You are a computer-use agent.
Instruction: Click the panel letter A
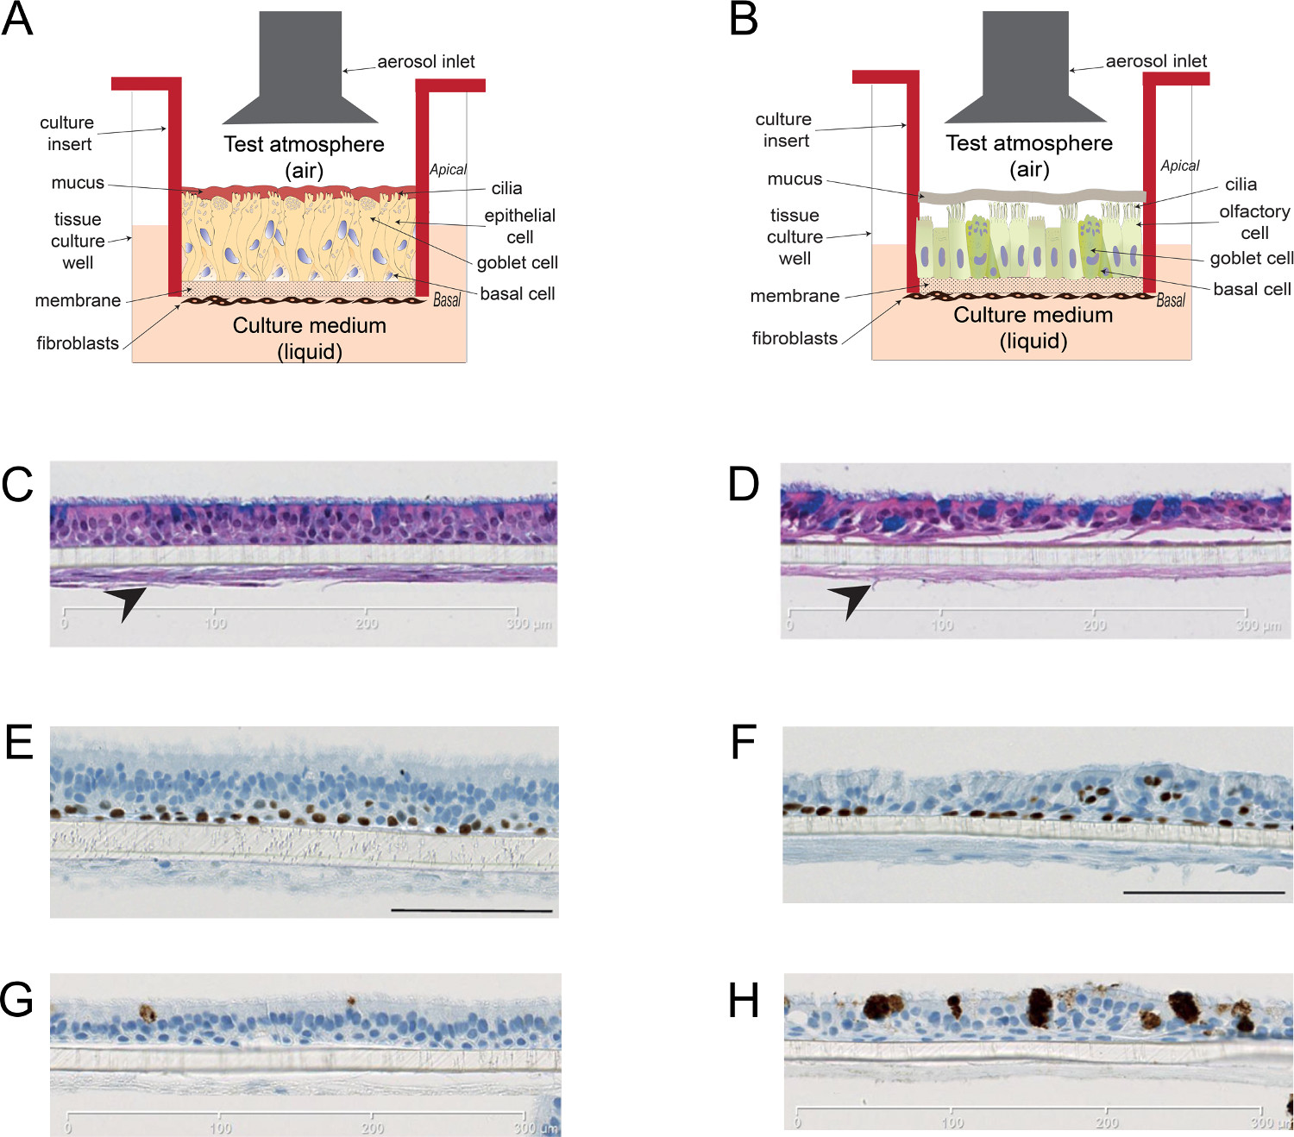pos(17,20)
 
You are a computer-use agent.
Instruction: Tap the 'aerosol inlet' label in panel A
pos(425,62)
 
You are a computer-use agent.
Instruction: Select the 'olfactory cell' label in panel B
pos(1253,222)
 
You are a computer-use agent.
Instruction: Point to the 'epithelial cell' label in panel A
pos(519,226)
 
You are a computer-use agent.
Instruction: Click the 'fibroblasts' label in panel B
pos(795,338)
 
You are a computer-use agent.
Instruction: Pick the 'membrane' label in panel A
pos(78,300)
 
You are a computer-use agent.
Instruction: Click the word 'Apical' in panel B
pos(1179,166)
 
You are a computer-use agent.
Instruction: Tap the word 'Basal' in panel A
pos(447,300)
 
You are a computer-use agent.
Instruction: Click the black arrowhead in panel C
pos(126,602)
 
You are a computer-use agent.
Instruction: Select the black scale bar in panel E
pos(471,911)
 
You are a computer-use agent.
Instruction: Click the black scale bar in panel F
pos(1203,892)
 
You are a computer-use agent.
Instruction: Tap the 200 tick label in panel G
pos(373,1128)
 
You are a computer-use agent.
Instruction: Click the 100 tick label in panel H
pos(952,1122)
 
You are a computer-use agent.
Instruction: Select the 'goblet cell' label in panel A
pos(518,262)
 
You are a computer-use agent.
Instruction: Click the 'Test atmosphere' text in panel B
pos(1029,143)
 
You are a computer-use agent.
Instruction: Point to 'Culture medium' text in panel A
pos(309,326)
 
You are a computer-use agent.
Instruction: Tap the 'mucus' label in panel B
pos(795,179)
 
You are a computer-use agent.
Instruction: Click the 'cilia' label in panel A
pos(506,188)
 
